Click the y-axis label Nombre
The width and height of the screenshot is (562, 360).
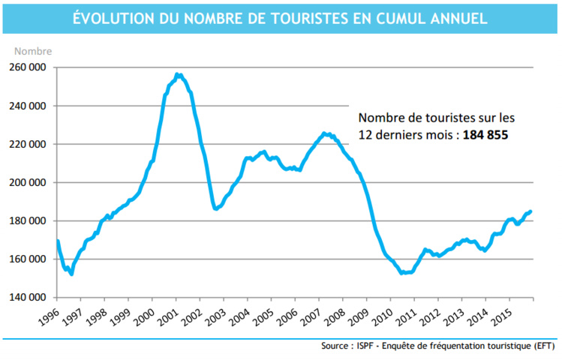(x=33, y=52)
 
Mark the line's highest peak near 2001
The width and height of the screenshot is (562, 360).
(x=177, y=74)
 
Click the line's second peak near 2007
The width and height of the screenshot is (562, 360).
(x=324, y=133)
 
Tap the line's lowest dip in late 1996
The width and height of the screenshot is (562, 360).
(x=71, y=274)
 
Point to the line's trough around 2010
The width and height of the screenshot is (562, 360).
(x=403, y=273)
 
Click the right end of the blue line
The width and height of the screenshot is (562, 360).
(x=531, y=211)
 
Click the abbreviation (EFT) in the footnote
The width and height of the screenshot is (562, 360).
(x=542, y=346)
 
